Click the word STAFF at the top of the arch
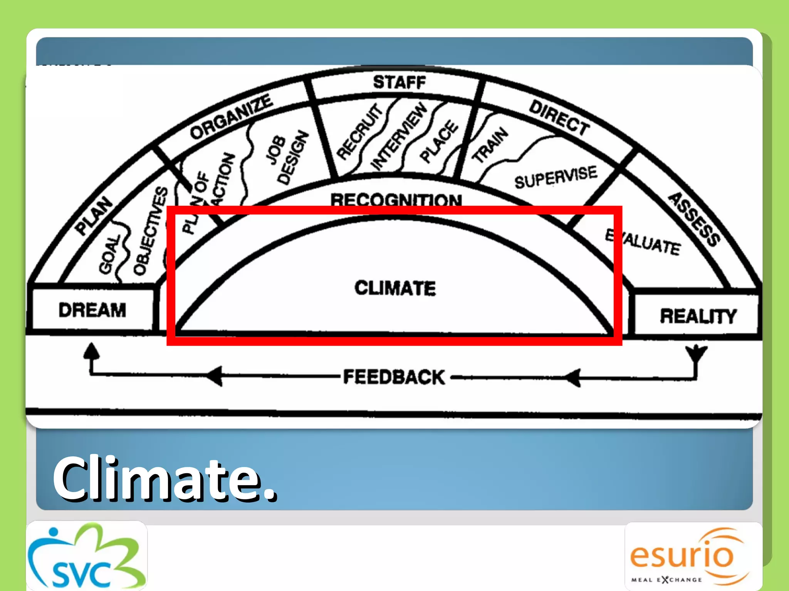[x=400, y=82]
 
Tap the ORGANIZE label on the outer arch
[x=231, y=116]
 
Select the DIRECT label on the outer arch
[x=559, y=118]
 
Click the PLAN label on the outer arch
[x=94, y=215]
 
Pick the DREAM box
[x=92, y=310]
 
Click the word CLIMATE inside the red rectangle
[x=395, y=288]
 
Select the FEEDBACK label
[x=394, y=377]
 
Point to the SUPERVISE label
[x=556, y=177]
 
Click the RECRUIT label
[x=360, y=131]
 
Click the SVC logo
[x=86, y=556]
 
